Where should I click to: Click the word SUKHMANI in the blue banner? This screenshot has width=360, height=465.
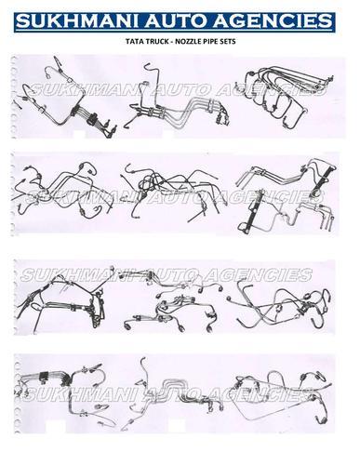coord(75,21)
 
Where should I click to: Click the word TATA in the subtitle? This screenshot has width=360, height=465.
coord(132,41)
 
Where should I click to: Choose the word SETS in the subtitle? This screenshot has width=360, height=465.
coord(226,41)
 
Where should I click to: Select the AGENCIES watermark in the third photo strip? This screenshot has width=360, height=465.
coord(259,275)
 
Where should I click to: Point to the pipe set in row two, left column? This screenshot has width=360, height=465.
coord(62,189)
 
